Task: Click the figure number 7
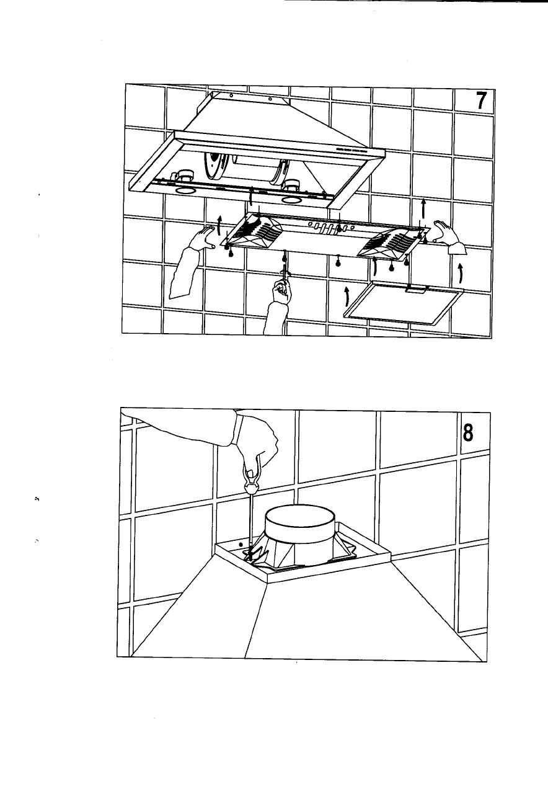(481, 100)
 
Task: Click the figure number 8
(467, 432)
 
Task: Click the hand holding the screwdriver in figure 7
(281, 292)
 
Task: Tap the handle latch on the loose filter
(415, 289)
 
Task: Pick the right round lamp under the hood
(291, 200)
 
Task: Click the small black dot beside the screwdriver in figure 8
(241, 554)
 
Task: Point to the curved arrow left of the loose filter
(347, 297)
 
